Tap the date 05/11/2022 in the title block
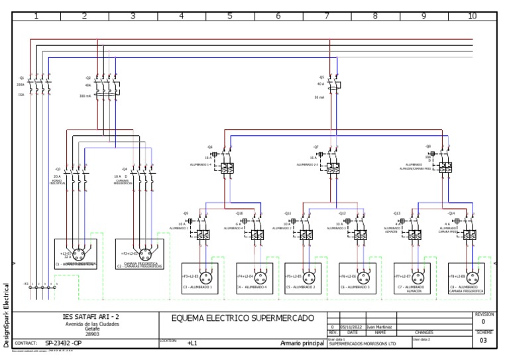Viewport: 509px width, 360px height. [348, 326]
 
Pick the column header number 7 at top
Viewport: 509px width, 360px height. [327, 15]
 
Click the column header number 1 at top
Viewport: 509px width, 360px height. [36, 15]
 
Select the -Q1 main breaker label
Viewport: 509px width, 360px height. [21, 78]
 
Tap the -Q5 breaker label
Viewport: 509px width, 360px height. [321, 77]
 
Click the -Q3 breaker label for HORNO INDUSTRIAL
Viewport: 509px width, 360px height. [58, 169]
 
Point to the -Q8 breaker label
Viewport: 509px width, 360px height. [428, 146]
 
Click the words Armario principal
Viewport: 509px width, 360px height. [301, 343]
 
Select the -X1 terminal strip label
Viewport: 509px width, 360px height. [27, 283]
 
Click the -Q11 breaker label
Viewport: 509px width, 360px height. [287, 213]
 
